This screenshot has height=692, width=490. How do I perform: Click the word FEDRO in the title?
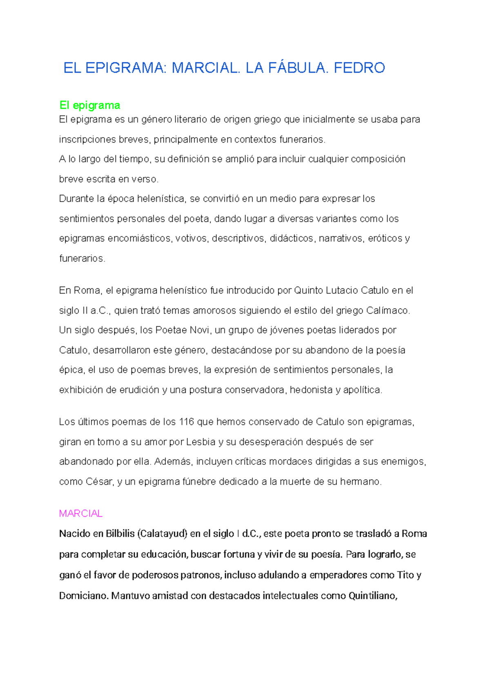point(359,68)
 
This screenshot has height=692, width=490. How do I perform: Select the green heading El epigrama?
point(90,105)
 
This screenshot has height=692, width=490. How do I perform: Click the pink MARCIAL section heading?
point(81,513)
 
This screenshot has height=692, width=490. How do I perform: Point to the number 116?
point(186,422)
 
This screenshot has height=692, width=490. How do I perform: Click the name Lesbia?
point(200,442)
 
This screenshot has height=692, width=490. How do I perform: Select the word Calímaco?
point(388,310)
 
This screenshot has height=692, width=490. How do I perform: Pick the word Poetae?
point(171,330)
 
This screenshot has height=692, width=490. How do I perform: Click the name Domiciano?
point(84,596)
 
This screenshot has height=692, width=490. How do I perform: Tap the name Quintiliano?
point(372,596)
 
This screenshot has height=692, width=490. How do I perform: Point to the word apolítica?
point(362,390)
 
